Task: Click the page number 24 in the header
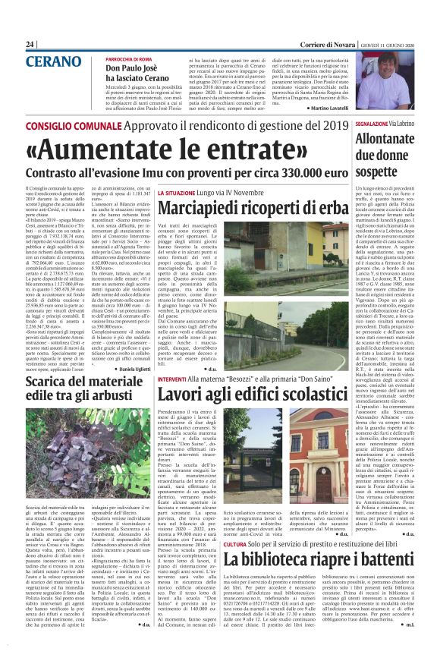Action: [30, 45]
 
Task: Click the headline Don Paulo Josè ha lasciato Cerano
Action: [140, 73]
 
